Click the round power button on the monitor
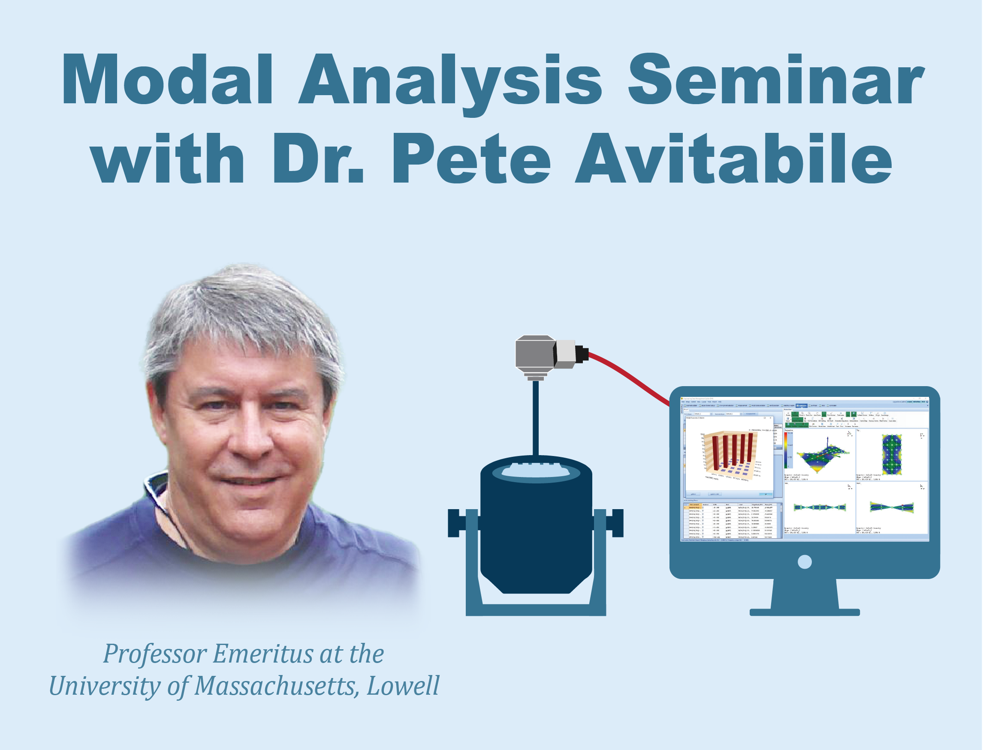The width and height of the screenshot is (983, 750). [x=805, y=561]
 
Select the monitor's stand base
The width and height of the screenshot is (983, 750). [x=804, y=612]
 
